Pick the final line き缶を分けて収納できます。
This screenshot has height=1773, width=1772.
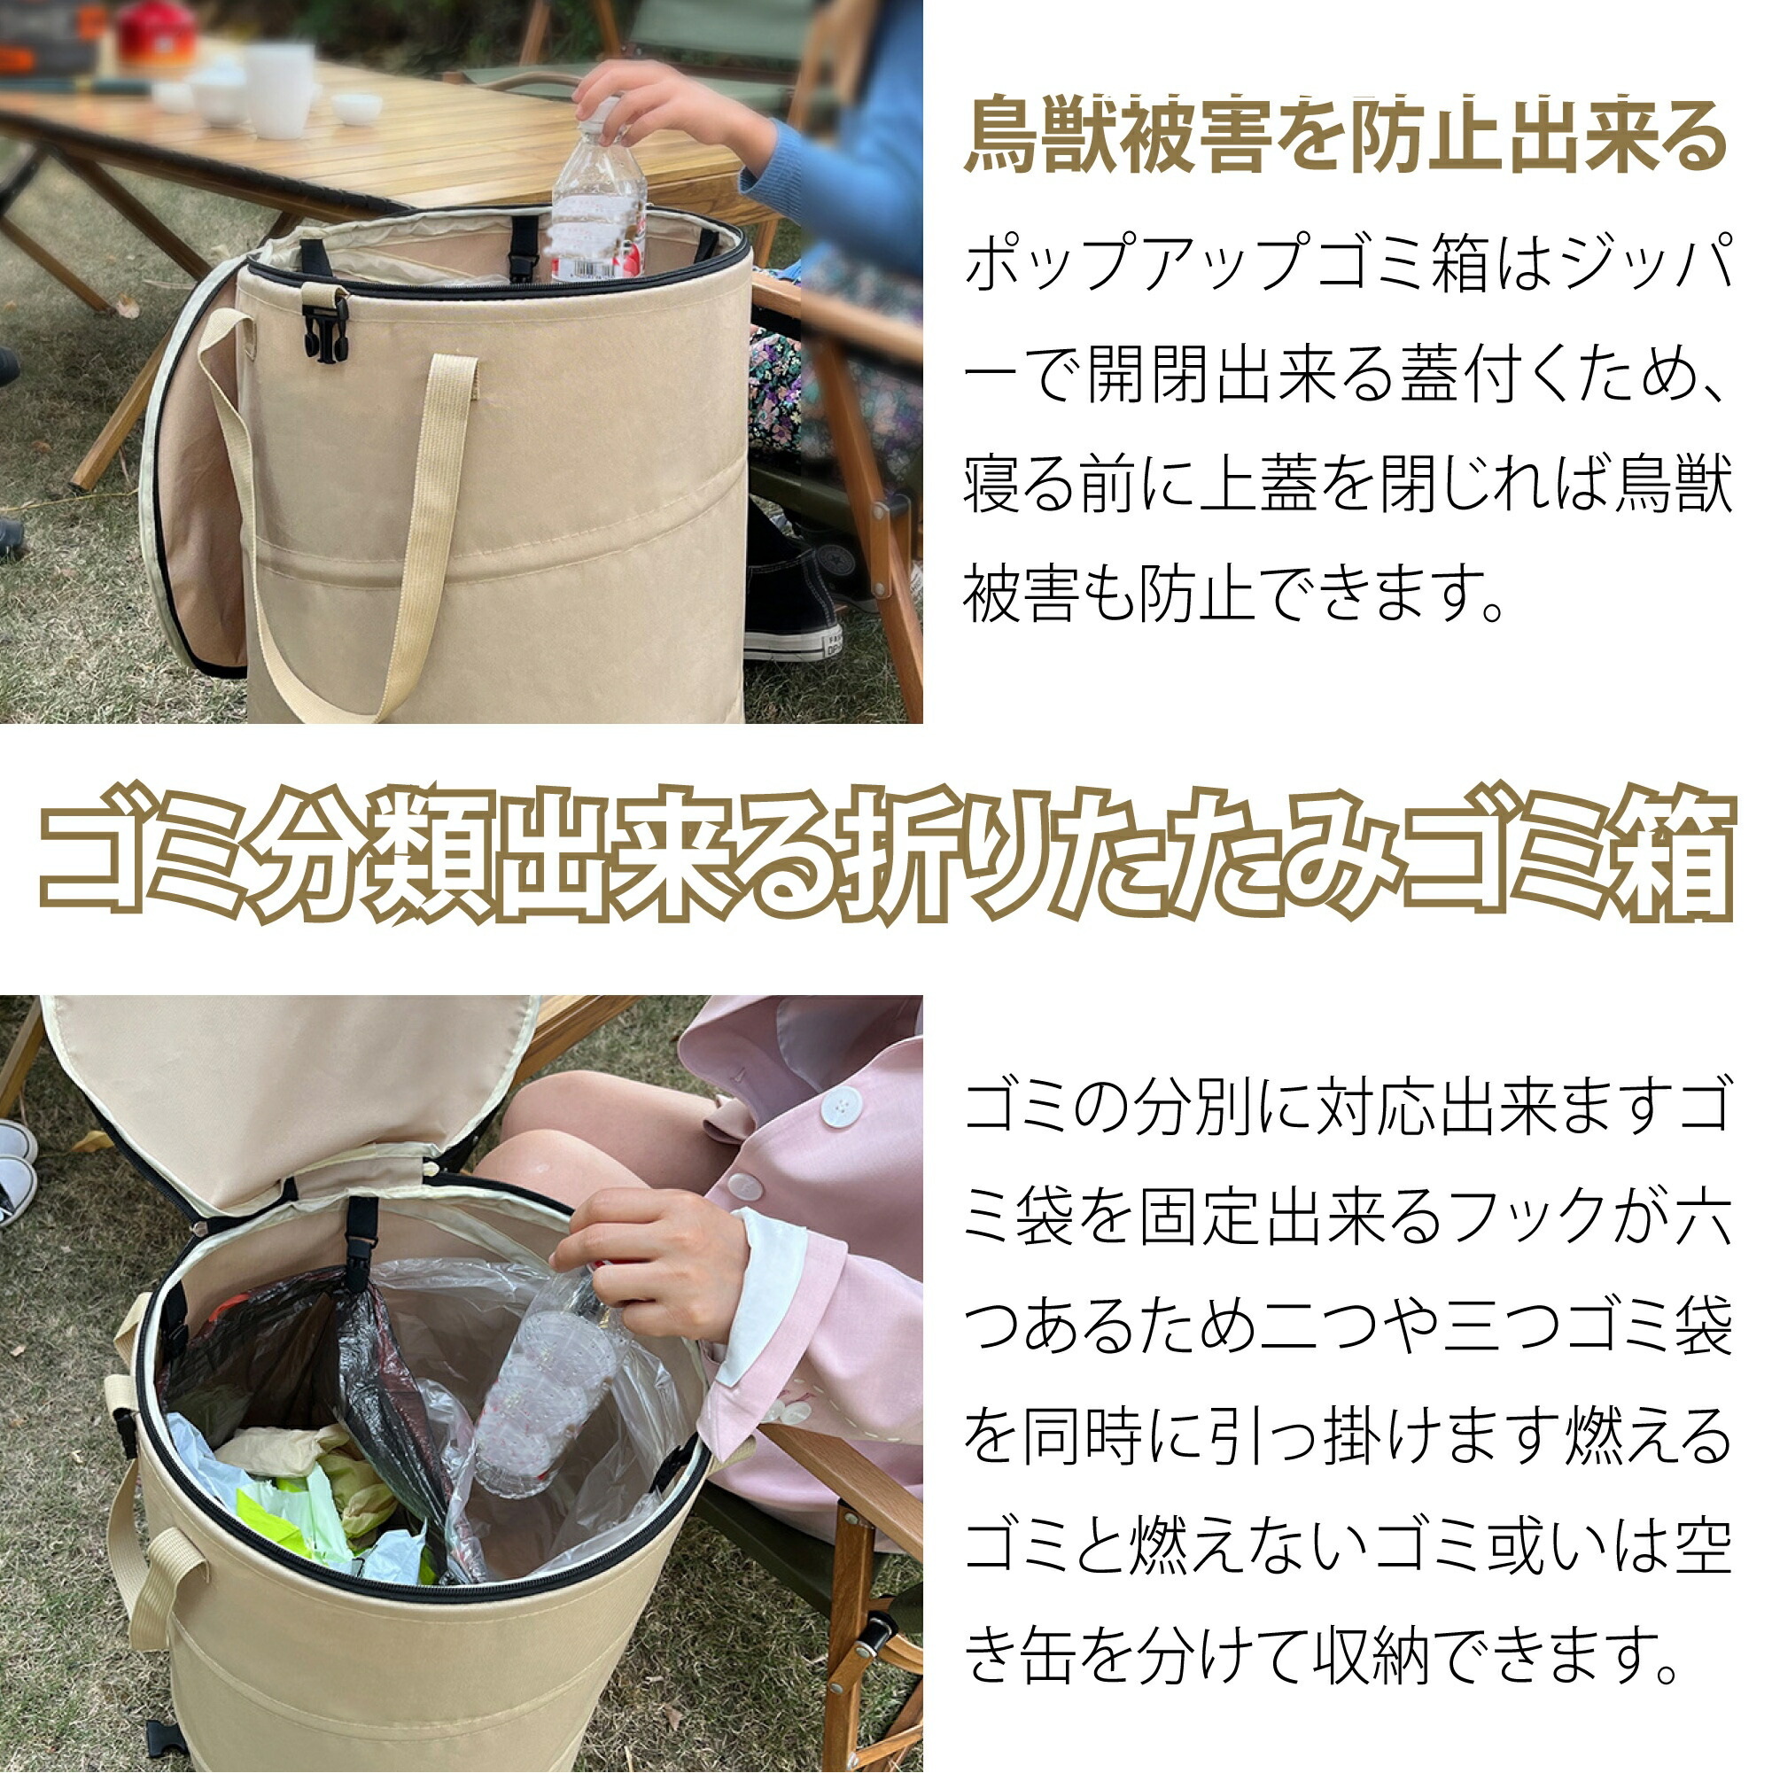tap(1321, 1653)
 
